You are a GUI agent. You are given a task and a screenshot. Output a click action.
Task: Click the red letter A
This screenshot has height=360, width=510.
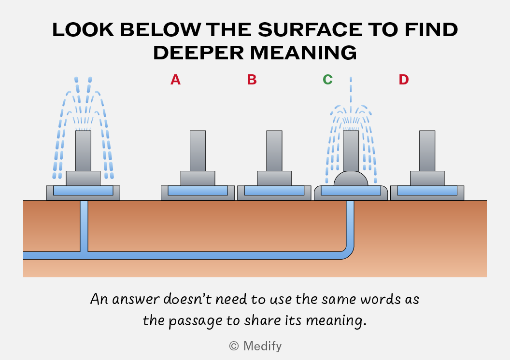click(175, 80)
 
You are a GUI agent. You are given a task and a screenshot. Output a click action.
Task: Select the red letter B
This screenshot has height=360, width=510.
click(252, 80)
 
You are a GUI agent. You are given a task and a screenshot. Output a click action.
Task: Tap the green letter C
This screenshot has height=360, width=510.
click(327, 80)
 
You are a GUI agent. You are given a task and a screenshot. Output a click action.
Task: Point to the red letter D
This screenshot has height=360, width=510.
click(404, 80)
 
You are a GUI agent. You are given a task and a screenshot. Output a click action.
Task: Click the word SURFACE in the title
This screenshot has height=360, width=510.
click(310, 30)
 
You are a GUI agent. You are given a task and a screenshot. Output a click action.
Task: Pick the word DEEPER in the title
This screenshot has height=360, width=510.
click(198, 53)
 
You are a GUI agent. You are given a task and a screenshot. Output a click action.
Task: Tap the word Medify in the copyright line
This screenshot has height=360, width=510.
click(262, 346)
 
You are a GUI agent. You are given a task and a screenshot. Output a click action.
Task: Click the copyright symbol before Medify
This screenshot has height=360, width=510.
click(234, 346)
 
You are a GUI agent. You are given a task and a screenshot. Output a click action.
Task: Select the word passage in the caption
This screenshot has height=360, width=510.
click(194, 321)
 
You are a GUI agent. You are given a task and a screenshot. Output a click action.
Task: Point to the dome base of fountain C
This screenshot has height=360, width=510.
click(351, 179)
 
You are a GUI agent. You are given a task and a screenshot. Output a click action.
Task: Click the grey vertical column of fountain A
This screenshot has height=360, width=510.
click(198, 151)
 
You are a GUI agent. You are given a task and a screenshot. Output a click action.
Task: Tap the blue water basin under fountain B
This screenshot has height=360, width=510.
click(274, 191)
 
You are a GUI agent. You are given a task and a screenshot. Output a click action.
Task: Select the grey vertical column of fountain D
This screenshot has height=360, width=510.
click(427, 151)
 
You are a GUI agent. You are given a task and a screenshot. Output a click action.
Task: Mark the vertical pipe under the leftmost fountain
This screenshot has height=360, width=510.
click(84, 226)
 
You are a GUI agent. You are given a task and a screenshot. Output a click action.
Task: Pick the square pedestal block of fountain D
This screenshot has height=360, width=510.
click(427, 179)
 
